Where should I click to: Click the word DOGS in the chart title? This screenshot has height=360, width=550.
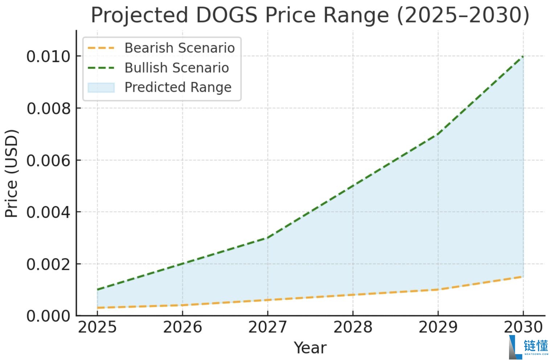(x=226, y=15)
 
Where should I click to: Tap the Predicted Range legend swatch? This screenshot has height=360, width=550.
(x=101, y=87)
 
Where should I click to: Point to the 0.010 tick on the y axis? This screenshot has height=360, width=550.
(x=48, y=57)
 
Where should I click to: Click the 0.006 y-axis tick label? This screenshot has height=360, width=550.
(x=48, y=160)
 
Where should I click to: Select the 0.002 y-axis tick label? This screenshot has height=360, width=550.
(x=48, y=264)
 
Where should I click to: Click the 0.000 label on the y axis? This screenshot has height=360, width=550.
(x=48, y=316)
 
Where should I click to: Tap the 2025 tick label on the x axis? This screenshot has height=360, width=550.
(x=97, y=327)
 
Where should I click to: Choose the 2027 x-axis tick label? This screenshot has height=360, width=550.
(x=267, y=327)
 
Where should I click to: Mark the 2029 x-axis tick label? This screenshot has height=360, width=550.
(x=438, y=327)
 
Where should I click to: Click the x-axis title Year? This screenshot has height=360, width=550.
(x=310, y=348)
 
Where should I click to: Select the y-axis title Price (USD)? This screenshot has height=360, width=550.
(x=12, y=173)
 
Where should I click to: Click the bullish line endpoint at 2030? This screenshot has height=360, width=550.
(x=523, y=56)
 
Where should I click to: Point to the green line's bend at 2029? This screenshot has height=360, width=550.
(x=438, y=134)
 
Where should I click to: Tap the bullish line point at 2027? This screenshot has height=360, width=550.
(x=267, y=238)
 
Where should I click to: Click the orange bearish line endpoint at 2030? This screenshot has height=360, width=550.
(x=523, y=277)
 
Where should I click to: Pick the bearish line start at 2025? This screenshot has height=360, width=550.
(x=97, y=308)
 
